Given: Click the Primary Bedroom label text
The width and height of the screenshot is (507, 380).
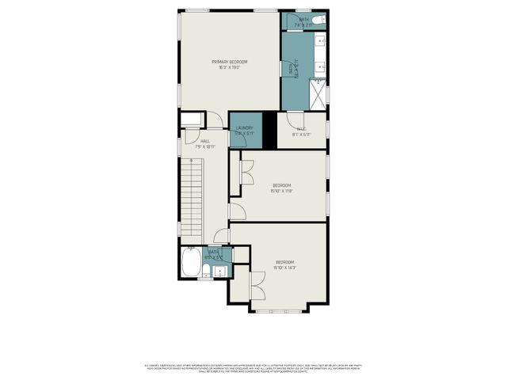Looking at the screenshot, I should coord(229,62).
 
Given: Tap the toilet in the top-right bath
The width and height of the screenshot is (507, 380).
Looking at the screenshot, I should coord(318,19).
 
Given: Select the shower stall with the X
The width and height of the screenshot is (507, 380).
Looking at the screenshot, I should coord(317,96).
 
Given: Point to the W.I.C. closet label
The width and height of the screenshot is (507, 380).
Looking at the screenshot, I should coord(301,128).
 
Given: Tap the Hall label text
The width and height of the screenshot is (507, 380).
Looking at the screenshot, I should coord(205,141).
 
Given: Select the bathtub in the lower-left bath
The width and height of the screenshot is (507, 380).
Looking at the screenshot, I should coord(191,263).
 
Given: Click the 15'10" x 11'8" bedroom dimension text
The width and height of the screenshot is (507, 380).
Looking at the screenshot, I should coord(282,191).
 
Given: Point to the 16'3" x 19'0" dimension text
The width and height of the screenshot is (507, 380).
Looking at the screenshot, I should coord(229,67).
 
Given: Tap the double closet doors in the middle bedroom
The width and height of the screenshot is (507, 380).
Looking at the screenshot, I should coord(246,173).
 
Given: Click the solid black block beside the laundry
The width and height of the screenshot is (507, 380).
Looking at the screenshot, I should coord(269,130).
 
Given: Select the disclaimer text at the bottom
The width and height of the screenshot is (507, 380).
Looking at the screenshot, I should coord(253,368).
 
